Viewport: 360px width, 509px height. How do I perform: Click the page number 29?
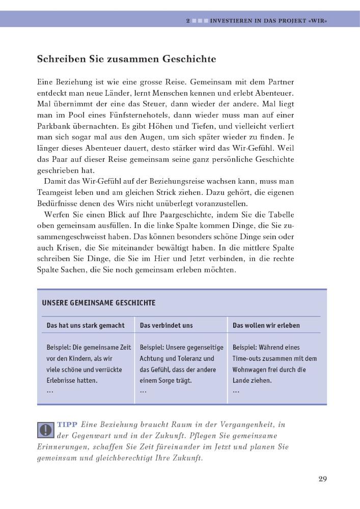pyautogui.click(x=322, y=478)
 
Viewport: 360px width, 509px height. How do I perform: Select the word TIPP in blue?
pyautogui.click(x=67, y=424)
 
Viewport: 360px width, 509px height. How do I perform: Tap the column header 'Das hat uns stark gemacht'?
pyautogui.click(x=86, y=325)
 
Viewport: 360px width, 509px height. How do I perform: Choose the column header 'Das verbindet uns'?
pyautogui.click(x=166, y=325)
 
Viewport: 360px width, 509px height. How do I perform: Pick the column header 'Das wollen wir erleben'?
pyautogui.click(x=266, y=325)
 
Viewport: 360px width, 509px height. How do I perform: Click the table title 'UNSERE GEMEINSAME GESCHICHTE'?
pyautogui.click(x=99, y=302)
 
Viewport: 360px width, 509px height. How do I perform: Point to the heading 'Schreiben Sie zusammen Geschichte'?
pyautogui.click(x=126, y=59)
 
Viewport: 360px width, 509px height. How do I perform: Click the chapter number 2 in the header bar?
pyautogui.click(x=188, y=21)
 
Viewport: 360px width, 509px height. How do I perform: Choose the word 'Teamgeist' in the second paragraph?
pyautogui.click(x=56, y=192)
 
